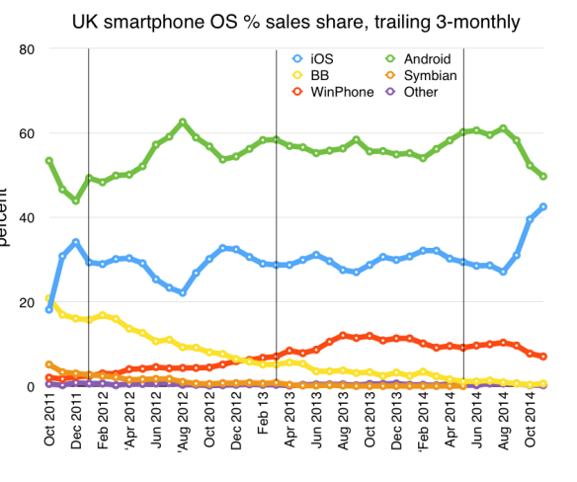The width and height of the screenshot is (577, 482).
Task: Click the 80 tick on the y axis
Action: [x=28, y=48]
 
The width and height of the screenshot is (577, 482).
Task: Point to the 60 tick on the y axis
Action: [x=28, y=133]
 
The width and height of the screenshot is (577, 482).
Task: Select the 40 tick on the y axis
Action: [x=28, y=217]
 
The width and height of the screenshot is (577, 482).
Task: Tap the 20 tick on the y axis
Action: [x=28, y=302]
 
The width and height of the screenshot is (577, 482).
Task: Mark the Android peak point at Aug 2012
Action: [x=183, y=121]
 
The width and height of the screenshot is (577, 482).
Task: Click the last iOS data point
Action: [x=543, y=206]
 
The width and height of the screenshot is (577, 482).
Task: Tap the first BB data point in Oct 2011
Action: [x=49, y=298]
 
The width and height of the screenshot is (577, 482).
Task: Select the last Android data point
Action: [x=543, y=176]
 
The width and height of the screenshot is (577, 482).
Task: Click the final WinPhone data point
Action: [x=543, y=357]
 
